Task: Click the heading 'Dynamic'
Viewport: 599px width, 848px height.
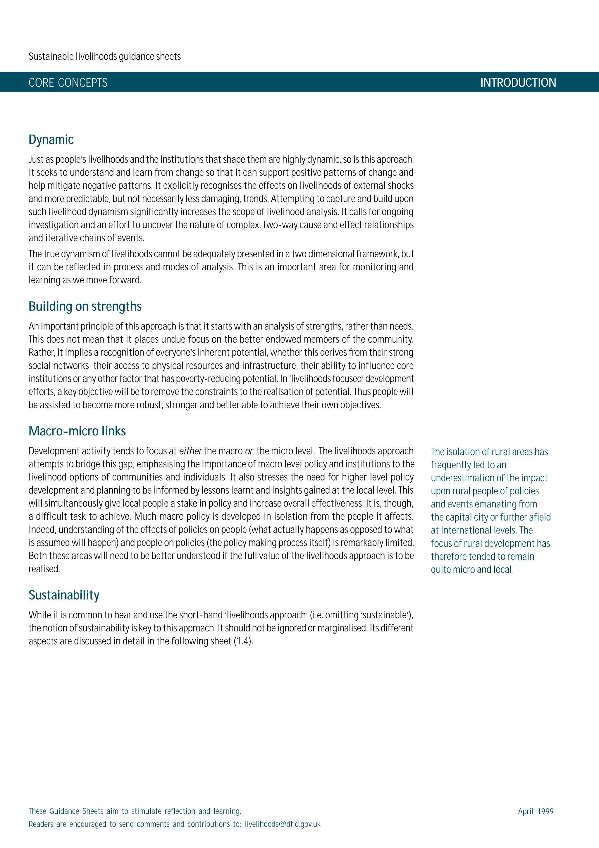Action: tap(51, 140)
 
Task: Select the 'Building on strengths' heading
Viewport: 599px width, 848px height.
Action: tap(85, 307)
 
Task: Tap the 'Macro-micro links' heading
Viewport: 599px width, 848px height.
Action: tap(77, 431)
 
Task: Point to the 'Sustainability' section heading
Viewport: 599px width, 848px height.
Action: tap(64, 595)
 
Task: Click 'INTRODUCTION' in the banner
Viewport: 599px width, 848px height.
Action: tap(518, 82)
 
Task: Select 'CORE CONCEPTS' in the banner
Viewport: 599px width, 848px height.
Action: tap(68, 82)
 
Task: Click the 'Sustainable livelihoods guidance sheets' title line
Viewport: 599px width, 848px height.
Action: tap(104, 56)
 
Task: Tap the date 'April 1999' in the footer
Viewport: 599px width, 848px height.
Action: tap(536, 811)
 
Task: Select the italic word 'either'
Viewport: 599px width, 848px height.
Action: tap(190, 451)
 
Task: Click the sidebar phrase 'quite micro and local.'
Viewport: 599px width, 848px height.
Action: tap(472, 569)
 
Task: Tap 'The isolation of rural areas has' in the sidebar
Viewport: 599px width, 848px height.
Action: tap(489, 452)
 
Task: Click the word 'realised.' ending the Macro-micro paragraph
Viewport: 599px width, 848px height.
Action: tap(44, 569)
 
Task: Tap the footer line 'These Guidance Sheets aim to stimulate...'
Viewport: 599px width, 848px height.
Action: tap(135, 811)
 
